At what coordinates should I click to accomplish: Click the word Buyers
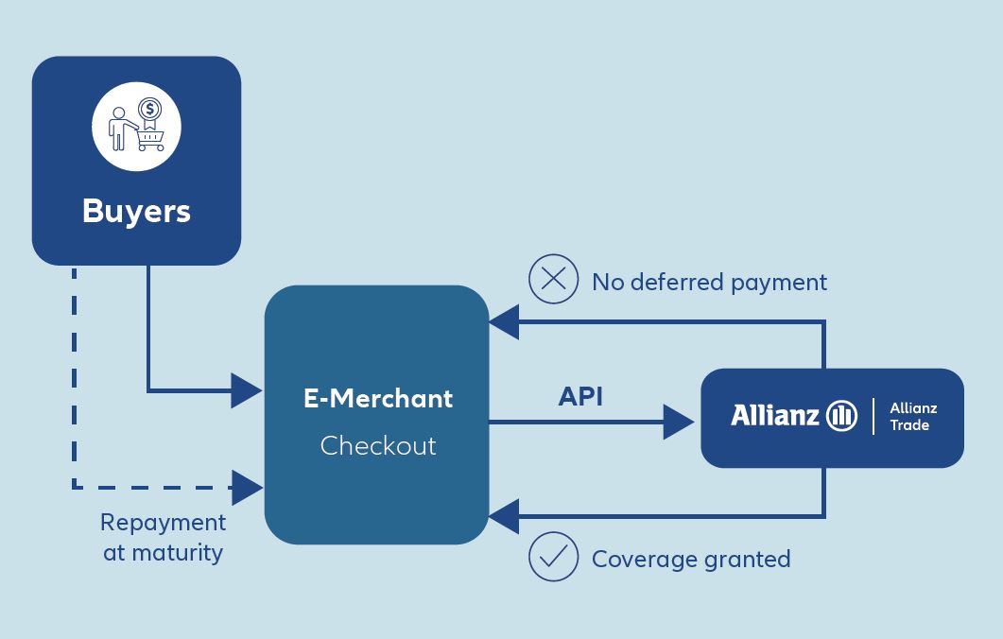[136, 211]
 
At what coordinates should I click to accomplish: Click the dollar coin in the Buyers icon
[149, 109]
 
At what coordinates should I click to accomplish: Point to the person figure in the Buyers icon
[120, 129]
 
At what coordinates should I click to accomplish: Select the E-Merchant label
[378, 399]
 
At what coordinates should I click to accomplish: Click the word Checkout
[378, 446]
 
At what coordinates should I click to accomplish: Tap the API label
[580, 397]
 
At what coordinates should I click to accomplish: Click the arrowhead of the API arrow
[679, 423]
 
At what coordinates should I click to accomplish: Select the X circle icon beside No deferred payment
[554, 280]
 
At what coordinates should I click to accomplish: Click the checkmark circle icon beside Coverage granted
[554, 557]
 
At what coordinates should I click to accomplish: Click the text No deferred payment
[709, 282]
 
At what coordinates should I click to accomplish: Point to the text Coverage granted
[691, 559]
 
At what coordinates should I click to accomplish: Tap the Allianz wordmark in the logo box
[775, 415]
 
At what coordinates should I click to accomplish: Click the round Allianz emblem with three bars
[841, 416]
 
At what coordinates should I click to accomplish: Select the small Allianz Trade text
[913, 417]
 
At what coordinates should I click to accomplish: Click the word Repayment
[164, 524]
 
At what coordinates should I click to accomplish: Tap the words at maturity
[164, 553]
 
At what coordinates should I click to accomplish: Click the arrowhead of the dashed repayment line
[247, 488]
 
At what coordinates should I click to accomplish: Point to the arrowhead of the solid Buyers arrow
[247, 390]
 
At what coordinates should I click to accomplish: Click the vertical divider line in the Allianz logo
[873, 417]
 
